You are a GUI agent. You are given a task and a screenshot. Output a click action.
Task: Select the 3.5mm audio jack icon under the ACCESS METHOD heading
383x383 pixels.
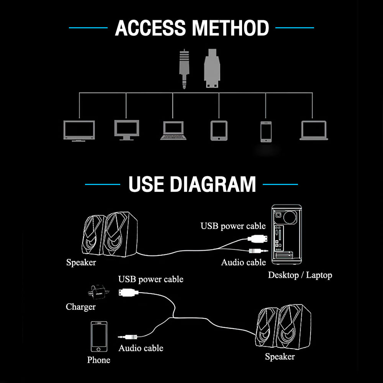pyautogui.click(x=184, y=69)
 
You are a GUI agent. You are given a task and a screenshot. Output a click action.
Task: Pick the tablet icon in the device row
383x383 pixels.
pyautogui.click(x=219, y=131)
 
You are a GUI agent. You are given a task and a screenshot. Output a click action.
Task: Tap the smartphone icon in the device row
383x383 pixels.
pyautogui.click(x=266, y=131)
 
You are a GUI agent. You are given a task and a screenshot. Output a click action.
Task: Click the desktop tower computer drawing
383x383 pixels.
pyautogui.click(x=286, y=234)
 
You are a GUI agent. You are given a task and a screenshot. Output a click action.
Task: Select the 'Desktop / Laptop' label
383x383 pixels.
pyautogui.click(x=300, y=275)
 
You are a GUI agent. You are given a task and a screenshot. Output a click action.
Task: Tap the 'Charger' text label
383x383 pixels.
pyautogui.click(x=80, y=307)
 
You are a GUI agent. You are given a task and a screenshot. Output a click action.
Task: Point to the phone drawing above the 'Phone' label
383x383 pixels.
pyautogui.click(x=99, y=337)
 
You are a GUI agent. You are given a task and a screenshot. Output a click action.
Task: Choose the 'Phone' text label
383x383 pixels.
pyautogui.click(x=98, y=360)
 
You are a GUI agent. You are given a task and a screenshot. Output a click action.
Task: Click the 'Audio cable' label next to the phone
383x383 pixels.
pyautogui.click(x=141, y=348)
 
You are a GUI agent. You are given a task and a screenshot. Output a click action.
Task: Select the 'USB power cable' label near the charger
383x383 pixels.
pyautogui.click(x=151, y=279)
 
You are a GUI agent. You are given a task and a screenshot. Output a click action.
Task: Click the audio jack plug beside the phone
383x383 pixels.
pyautogui.click(x=128, y=337)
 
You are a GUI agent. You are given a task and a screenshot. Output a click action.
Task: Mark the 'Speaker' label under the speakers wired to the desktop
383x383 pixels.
pyautogui.click(x=81, y=262)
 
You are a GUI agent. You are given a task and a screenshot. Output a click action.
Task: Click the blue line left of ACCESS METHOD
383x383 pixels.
pyautogui.click(x=88, y=28)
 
